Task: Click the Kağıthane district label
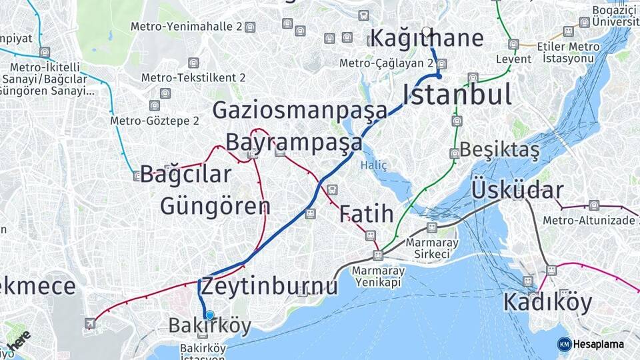427,38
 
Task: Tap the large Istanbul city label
457,95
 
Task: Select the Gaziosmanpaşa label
300,110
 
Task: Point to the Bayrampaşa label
294,142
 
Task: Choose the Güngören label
215,205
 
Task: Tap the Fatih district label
366,214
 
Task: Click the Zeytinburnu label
269,286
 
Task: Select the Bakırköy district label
210,326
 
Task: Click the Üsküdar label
517,190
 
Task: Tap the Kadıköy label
547,303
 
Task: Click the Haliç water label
373,165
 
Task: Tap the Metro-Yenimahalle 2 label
186,27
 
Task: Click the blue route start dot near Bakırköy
210,315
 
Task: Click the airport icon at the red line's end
90,324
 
